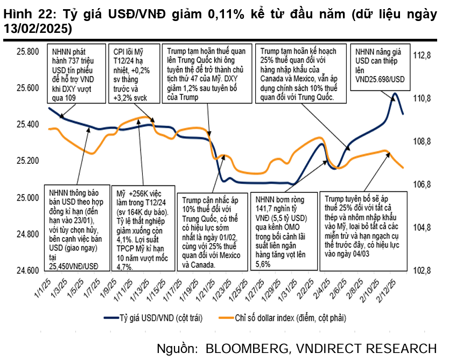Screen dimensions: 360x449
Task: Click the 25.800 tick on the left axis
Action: point(28,52)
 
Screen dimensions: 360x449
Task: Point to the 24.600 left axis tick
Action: point(28,271)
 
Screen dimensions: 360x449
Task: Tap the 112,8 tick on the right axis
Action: point(423,56)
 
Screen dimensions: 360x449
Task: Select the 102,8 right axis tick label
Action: point(423,271)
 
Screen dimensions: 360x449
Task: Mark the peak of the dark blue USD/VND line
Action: point(396,94)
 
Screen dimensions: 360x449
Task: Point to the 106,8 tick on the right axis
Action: point(423,185)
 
